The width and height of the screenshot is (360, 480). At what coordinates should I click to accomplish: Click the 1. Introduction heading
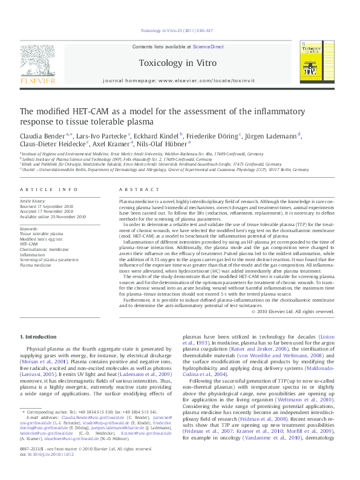[39, 336]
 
